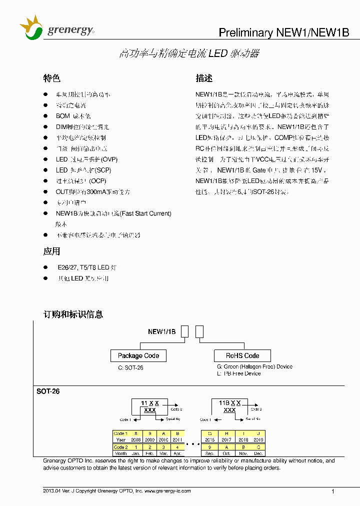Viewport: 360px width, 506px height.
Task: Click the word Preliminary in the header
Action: pyautogui.click(x=246, y=32)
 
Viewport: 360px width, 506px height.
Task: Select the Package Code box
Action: pyautogui.click(x=138, y=356)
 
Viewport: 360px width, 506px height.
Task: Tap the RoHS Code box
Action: pyautogui.click(x=242, y=356)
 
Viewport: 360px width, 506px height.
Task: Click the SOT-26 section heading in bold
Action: pyautogui.click(x=48, y=391)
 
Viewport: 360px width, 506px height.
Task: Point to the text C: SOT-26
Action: pyautogui.click(x=130, y=367)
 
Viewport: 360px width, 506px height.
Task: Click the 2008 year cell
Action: pyautogui.click(x=135, y=440)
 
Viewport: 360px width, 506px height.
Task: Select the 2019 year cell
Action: pyautogui.click(x=258, y=440)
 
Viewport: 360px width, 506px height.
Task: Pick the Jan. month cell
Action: pyautogui.click(x=135, y=453)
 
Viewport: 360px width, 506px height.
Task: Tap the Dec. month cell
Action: pyautogui.click(x=258, y=453)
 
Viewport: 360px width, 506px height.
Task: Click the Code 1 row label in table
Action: pyautogui.click(x=120, y=433)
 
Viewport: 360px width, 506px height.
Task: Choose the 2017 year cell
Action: pyautogui.click(x=226, y=440)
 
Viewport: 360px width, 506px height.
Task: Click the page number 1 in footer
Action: pyautogui.click(x=332, y=491)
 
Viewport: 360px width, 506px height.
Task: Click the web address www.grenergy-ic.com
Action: pyautogui.click(x=167, y=491)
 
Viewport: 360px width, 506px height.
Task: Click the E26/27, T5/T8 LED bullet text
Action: pyautogui.click(x=86, y=267)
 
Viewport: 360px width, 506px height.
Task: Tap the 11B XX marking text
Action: pyautogui.click(x=230, y=402)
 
